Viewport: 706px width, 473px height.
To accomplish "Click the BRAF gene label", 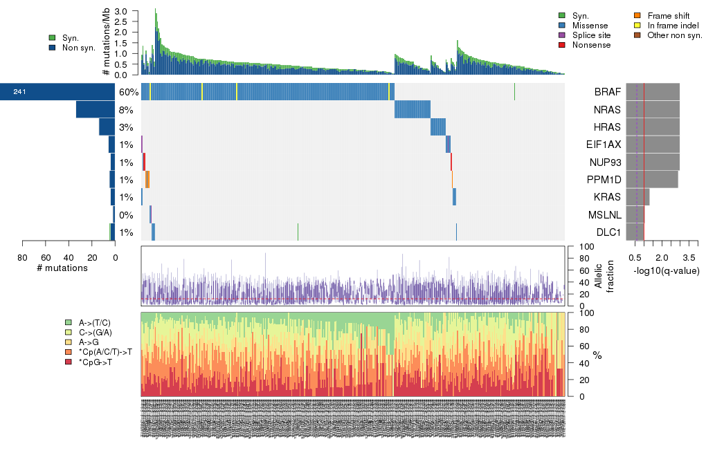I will point(606,92).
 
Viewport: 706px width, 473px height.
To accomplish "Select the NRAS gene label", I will point(606,109).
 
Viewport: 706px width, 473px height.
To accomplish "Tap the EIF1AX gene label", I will point(602,145).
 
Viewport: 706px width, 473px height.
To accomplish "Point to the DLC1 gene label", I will point(608,232).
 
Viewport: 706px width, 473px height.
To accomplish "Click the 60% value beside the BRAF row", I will point(129,92).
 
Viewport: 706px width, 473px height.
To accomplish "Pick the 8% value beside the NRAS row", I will point(126,109).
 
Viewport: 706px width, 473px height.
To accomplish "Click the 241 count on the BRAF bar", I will point(19,92).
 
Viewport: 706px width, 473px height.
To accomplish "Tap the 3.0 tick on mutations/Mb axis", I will point(121,12).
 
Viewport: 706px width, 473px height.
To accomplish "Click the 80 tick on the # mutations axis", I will point(23,259).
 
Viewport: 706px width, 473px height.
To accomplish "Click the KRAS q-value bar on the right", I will point(637,197).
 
